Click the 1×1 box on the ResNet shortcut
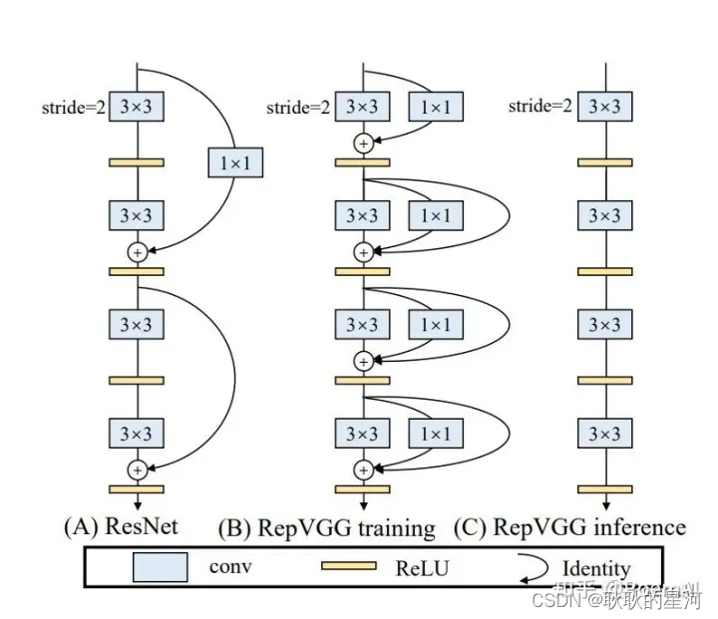[x=235, y=161]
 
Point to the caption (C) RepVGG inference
[x=569, y=526]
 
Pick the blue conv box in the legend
[x=161, y=567]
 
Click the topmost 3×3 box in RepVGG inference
[x=604, y=107]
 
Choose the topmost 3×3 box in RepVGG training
[x=363, y=107]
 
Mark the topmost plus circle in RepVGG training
[x=363, y=144]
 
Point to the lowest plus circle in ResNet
[x=137, y=468]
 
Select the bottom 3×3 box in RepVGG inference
[x=604, y=434]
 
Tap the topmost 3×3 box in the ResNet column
[x=137, y=107]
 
